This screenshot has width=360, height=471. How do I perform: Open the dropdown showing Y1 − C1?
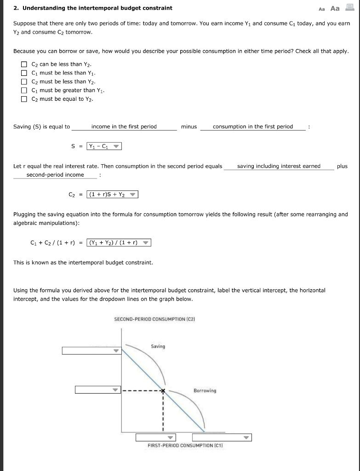104,147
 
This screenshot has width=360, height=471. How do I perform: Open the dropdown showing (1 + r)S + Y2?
112,195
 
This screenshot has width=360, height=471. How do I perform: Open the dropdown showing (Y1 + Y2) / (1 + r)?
119,243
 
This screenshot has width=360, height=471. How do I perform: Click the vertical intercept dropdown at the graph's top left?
91,351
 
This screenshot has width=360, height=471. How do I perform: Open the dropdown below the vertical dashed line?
156,437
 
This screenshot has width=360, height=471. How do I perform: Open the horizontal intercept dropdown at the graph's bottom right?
222,437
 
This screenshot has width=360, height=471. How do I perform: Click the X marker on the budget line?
162,391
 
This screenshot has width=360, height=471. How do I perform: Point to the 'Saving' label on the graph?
158,346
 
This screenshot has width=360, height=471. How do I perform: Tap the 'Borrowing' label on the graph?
205,391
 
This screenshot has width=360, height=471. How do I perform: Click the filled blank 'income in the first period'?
124,126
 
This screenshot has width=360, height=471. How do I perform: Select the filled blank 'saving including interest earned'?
279,166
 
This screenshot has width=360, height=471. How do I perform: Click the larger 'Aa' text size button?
335,8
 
